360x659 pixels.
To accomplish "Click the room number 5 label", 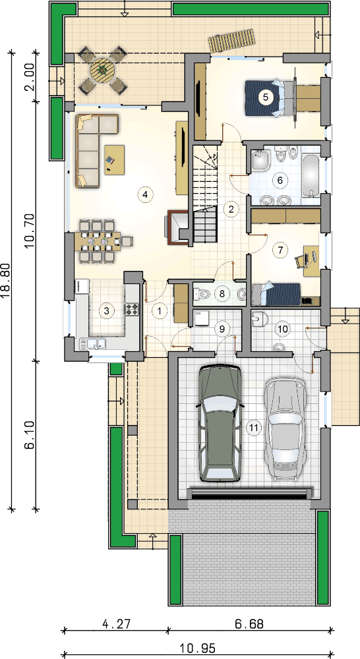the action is click(x=265, y=97).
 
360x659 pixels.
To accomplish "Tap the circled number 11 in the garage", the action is click(x=253, y=428).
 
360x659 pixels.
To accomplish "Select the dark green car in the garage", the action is click(x=220, y=422).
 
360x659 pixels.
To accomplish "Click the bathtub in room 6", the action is click(x=312, y=175).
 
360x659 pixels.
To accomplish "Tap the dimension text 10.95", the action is click(x=198, y=648).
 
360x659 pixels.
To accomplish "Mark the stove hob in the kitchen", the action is click(x=132, y=309).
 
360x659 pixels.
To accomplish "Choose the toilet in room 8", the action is click(x=202, y=294).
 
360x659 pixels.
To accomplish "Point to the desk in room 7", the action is click(x=311, y=261).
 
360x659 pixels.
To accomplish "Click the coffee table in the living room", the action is click(x=114, y=159).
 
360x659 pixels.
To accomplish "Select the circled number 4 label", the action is click(x=144, y=194).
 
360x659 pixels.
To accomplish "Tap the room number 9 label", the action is click(x=222, y=329).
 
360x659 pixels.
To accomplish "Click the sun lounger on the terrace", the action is click(x=232, y=41).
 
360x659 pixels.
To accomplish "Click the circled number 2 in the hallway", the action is click(x=231, y=210).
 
